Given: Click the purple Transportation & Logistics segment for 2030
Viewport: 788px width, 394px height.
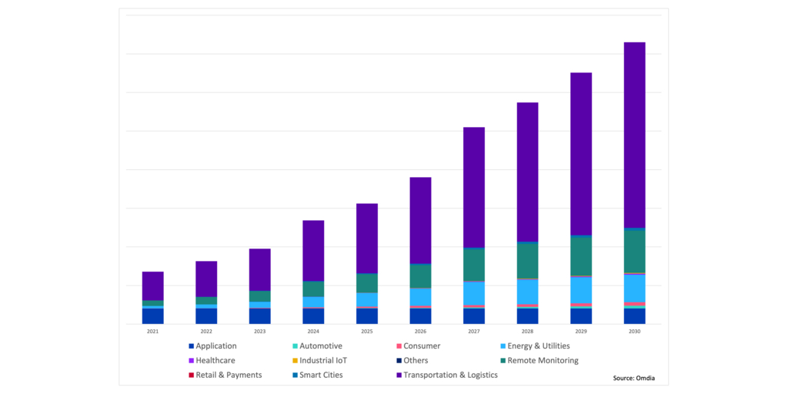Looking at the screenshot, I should coord(634,135).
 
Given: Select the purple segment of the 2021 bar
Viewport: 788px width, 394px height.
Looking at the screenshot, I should coord(153,285).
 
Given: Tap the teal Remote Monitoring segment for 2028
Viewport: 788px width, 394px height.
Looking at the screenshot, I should coord(527,260).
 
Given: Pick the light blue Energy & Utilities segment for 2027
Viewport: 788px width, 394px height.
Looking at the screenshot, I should coord(474,293).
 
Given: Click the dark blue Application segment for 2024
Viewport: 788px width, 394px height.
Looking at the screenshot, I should coord(313,316).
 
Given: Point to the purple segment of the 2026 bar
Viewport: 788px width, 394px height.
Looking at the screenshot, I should coord(420,220).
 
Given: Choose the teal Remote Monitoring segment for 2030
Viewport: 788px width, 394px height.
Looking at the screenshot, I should coord(634,251).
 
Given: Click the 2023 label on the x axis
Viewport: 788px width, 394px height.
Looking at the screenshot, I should coord(260,331).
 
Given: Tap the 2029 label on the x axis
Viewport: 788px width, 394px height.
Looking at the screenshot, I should coord(581,331).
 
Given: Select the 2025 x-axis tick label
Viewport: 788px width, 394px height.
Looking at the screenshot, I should coord(367,331).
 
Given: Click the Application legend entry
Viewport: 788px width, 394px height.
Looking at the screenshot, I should coord(215,346).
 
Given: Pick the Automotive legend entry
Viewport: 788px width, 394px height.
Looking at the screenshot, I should coord(320,346).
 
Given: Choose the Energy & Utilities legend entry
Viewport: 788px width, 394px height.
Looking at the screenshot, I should coord(538,346).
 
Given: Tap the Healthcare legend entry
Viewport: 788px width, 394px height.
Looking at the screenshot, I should coord(215,360).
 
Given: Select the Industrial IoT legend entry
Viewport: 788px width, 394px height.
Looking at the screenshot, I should coord(323,360).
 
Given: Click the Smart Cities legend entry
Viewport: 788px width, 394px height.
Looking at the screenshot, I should coord(321,375).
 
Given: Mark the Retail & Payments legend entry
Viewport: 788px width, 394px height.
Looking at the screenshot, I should coord(228,375).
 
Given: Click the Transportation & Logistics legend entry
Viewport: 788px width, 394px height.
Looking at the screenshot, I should coord(450,375).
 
